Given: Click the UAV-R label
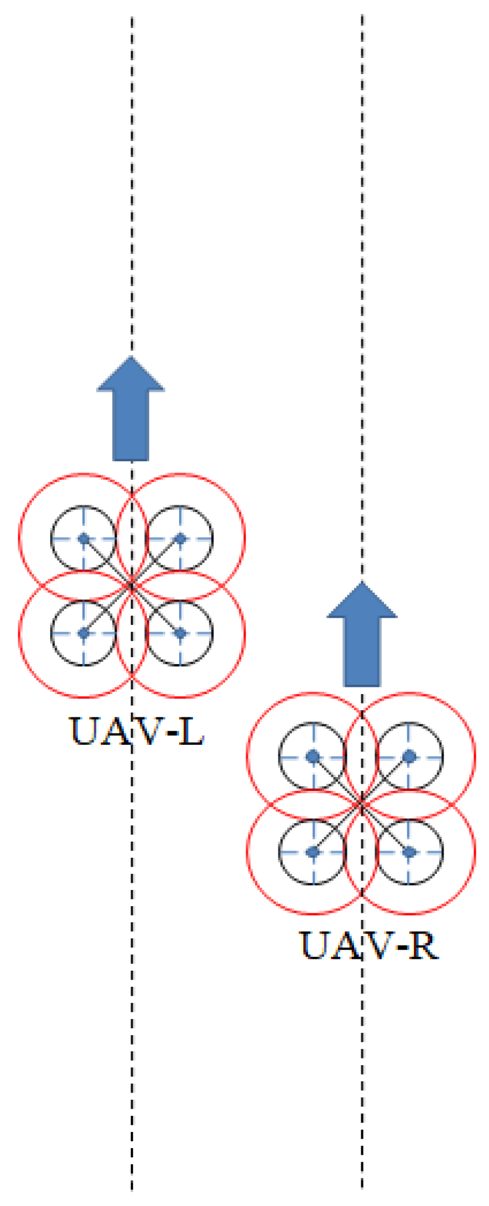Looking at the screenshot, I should [368, 946].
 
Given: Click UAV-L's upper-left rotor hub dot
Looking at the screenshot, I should [84, 538].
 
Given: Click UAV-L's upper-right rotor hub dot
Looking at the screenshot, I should [180, 538].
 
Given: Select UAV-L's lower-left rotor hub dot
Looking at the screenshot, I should [84, 633].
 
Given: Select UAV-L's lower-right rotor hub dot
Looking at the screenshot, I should [180, 633].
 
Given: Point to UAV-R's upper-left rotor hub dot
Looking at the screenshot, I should [312, 757].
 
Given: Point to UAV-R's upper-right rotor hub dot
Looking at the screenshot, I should [409, 757].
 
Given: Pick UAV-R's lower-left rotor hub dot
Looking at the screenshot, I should [312, 852].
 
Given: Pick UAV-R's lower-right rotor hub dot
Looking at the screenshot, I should [409, 852].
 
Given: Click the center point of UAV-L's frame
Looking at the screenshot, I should [132, 586].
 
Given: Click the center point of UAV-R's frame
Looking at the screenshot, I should [361, 804].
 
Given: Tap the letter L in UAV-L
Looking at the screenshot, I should [191, 731].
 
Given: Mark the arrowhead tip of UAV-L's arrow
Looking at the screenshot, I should [131, 358].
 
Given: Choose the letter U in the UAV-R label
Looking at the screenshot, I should [315, 946].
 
